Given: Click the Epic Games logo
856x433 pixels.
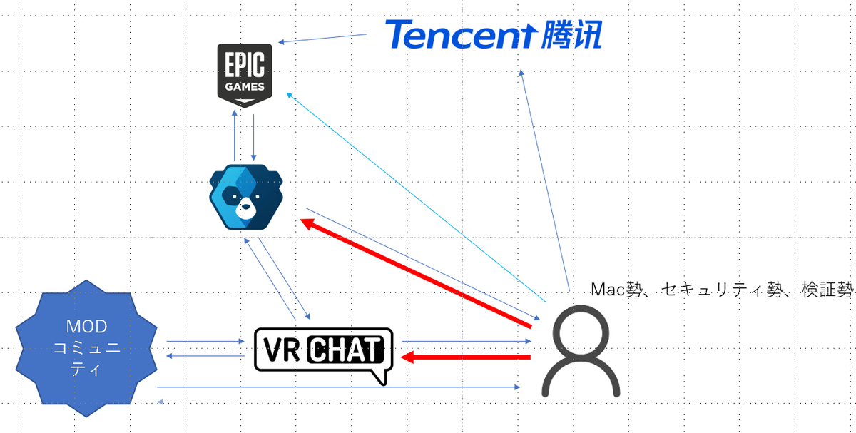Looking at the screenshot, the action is click(245, 73).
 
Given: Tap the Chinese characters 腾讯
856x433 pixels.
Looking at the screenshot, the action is click(567, 34).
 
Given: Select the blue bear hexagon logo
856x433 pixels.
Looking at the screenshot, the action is click(245, 195).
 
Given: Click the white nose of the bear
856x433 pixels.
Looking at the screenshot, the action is click(245, 210).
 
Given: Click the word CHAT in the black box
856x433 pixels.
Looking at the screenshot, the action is click(346, 350).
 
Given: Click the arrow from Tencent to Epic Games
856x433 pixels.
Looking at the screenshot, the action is click(332, 39).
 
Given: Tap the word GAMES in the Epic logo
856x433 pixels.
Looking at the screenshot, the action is click(245, 87).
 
